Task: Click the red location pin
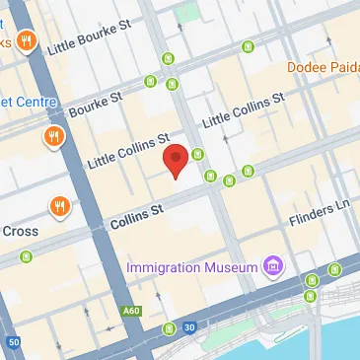(x=176, y=160)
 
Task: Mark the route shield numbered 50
(x=13, y=342)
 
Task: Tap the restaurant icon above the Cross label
(x=60, y=206)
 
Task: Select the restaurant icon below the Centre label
(x=52, y=137)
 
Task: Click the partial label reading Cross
(x=20, y=231)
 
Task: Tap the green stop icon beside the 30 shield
(x=170, y=327)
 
